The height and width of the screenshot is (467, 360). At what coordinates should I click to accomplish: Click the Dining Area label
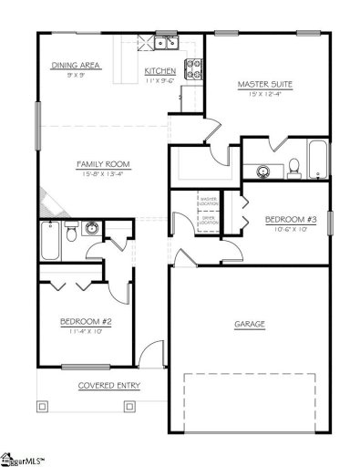pyautogui.click(x=76, y=66)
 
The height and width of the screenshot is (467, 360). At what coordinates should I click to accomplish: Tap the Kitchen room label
pyautogui.click(x=160, y=70)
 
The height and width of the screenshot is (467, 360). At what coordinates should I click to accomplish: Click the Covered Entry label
pyautogui.click(x=108, y=385)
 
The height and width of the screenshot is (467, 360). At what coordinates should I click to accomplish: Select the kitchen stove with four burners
pyautogui.click(x=193, y=66)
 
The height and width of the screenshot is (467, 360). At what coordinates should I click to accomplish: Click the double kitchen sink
pyautogui.click(x=165, y=42)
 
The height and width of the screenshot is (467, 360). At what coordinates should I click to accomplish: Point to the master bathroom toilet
pyautogui.click(x=294, y=167)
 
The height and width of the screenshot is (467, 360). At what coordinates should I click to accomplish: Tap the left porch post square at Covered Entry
pyautogui.click(x=41, y=401)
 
